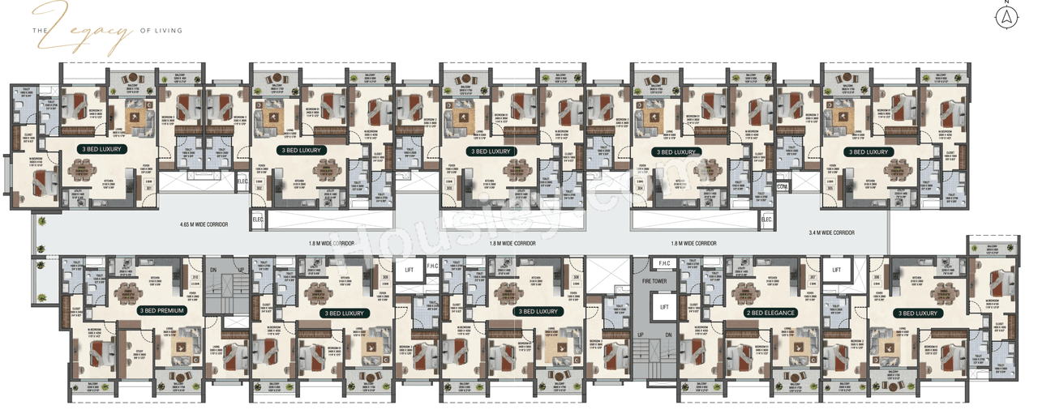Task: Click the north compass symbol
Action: click(1006, 16)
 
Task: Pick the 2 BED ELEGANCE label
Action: click(770, 312)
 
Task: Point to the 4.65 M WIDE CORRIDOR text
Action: click(204, 224)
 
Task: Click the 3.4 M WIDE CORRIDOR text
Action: click(831, 232)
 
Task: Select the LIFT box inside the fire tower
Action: click(663, 307)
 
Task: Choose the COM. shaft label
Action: click(782, 186)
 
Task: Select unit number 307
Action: click(812, 278)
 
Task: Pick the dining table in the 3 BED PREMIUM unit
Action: click(126, 293)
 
